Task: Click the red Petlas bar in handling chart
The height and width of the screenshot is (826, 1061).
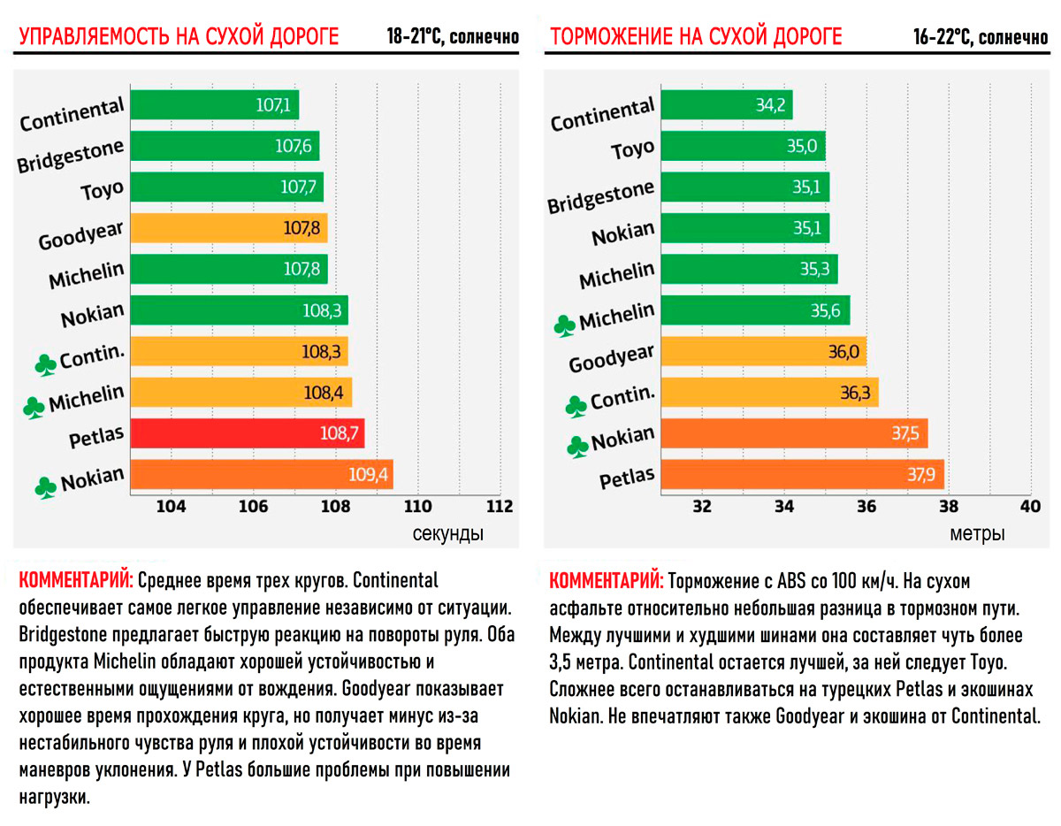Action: pyautogui.click(x=248, y=433)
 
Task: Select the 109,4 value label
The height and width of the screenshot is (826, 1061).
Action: pyautogui.click(x=369, y=475)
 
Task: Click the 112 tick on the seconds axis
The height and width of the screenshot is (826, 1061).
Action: pyautogui.click(x=500, y=508)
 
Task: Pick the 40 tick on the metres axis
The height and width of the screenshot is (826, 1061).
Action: pyautogui.click(x=1030, y=508)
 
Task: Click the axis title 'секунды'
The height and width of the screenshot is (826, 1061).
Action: pyautogui.click(x=447, y=534)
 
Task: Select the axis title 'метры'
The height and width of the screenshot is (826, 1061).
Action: pyautogui.click(x=977, y=534)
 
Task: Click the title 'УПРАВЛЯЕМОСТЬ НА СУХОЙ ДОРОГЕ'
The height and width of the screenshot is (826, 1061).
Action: pyautogui.click(x=179, y=37)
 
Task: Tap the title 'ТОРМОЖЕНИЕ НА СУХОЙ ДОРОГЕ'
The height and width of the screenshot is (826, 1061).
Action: pyautogui.click(x=696, y=37)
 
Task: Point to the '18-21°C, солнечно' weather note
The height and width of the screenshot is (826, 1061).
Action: pyautogui.click(x=452, y=38)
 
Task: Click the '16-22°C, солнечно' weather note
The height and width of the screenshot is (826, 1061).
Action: pyautogui.click(x=981, y=38)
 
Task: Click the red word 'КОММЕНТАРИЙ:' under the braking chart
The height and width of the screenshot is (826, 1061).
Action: pyautogui.click(x=606, y=582)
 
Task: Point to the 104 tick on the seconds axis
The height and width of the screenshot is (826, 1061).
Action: pyautogui.click(x=171, y=508)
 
